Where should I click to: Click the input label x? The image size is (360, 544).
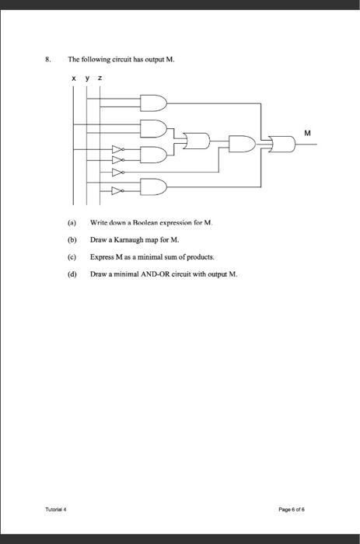coord(73,78)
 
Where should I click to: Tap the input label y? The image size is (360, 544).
coord(86,78)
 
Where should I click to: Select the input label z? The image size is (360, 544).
coord(99,78)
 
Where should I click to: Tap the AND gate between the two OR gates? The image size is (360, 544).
coord(242,143)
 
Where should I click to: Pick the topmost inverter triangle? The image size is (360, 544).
coord(117,148)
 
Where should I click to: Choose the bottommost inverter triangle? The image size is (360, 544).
coord(117,189)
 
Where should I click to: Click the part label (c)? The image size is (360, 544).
coord(72,256)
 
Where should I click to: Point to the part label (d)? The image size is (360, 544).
coord(72,274)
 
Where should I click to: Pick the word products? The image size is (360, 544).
coord(197,256)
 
